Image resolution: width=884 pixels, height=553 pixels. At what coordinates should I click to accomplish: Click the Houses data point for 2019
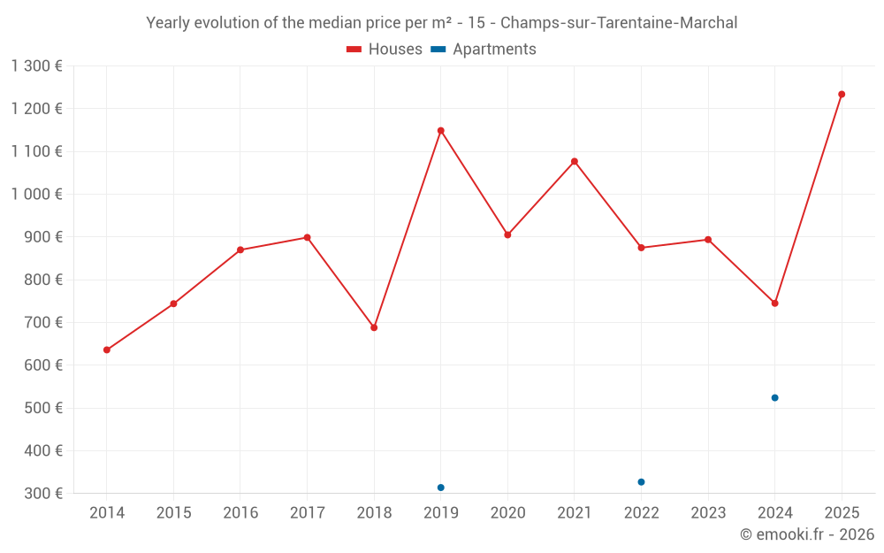click(440, 131)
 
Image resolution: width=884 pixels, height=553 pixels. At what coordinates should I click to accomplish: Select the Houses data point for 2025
click(842, 95)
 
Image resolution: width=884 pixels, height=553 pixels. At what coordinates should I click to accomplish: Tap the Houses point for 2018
click(374, 327)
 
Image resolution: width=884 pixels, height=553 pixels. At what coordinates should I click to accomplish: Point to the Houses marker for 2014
click(107, 349)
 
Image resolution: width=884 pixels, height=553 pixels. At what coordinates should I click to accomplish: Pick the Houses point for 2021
click(575, 162)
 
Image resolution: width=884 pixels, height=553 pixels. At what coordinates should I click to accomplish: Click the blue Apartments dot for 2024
click(774, 398)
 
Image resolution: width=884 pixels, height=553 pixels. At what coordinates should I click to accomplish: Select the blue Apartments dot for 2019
click(440, 488)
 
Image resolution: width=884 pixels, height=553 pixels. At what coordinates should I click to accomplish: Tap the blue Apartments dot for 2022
click(641, 482)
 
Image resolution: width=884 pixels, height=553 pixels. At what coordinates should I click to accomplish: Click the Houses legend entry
click(385, 50)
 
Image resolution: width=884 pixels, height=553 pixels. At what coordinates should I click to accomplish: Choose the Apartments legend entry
click(484, 50)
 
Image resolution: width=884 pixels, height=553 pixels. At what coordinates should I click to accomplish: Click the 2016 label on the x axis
click(240, 513)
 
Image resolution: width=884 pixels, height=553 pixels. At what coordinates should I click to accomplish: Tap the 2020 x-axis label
click(507, 513)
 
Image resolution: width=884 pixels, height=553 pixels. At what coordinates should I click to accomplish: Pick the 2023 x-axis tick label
click(708, 513)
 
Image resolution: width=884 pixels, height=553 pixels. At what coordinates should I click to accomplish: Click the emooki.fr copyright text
click(806, 534)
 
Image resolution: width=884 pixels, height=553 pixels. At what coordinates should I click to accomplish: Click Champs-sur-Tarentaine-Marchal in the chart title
click(619, 23)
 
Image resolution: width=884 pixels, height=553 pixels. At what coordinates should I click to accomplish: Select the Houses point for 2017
click(307, 237)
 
